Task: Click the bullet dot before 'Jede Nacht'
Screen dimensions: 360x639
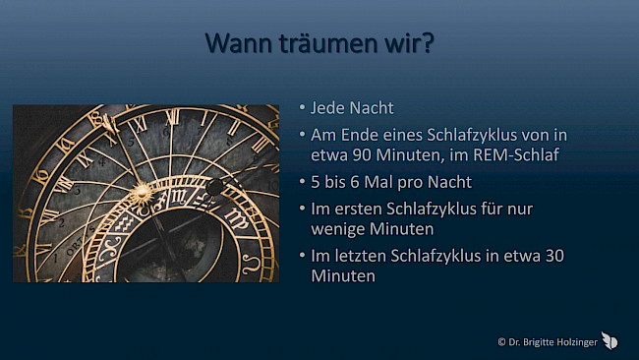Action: click(x=302, y=108)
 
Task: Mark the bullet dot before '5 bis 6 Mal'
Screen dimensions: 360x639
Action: click(x=302, y=182)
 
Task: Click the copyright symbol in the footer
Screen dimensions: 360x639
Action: click(x=502, y=341)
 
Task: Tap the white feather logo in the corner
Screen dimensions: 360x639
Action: click(x=610, y=339)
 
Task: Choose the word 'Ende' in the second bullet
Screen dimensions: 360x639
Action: click(x=356, y=135)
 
